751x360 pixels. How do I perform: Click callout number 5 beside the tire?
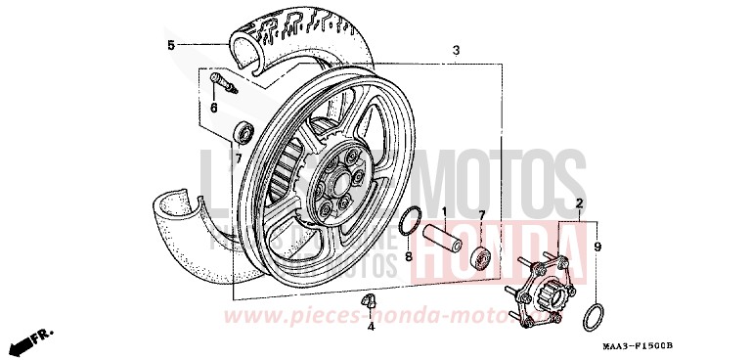pos(170,45)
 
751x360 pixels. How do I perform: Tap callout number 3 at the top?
pos(455,50)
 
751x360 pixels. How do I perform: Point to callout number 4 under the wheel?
pos(371,326)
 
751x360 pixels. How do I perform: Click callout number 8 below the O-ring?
pos(410,258)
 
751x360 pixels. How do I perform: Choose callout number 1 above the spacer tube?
pos(443,211)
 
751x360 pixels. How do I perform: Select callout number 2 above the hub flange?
pos(579,204)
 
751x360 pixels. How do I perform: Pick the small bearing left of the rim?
pos(244,130)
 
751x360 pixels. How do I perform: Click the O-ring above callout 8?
pos(412,222)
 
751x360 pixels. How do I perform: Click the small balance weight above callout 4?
pos(370,300)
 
